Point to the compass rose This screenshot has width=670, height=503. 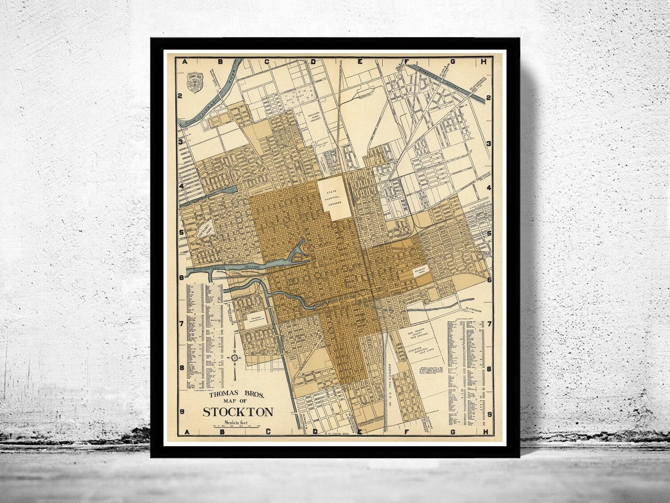point(234,357)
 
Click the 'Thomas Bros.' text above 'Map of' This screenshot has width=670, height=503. point(237,395)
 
